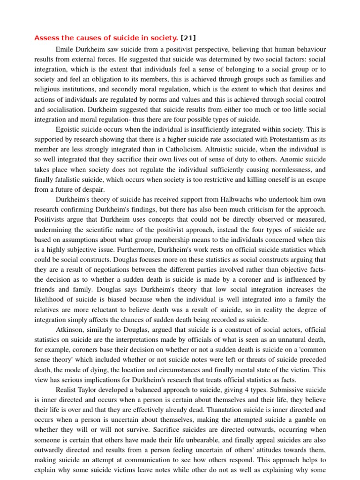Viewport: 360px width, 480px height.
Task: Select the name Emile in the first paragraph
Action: [x=65, y=49]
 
